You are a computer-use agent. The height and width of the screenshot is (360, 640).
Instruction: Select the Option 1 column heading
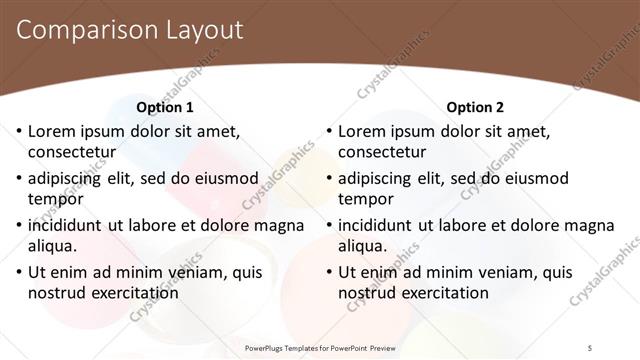165,107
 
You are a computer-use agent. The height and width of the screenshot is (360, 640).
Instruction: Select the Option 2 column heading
476,107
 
